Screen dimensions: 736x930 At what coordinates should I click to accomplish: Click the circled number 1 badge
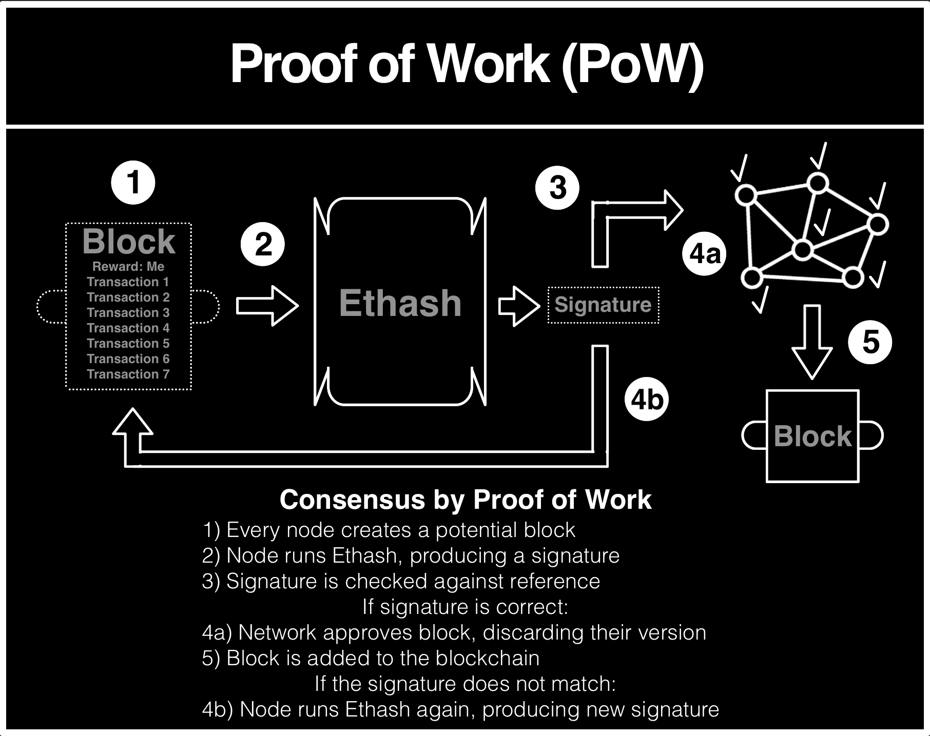133,183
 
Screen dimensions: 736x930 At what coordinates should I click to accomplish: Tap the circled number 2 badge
263,244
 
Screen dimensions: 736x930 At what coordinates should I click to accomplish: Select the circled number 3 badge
557,188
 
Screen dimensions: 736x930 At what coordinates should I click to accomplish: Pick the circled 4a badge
705,253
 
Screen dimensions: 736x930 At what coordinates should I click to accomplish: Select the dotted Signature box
603,305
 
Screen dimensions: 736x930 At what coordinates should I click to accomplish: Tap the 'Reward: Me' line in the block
128,267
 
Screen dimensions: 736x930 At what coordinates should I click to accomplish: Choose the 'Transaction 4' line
128,328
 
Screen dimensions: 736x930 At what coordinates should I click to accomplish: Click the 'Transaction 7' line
128,374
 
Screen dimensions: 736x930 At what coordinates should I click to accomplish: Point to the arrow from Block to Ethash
267,306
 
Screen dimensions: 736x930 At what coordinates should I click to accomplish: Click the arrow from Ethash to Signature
518,306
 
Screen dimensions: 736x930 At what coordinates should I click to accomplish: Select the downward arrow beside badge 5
811,341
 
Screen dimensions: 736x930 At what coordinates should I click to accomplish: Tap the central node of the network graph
802,250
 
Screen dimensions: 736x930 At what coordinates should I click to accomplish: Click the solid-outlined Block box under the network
812,436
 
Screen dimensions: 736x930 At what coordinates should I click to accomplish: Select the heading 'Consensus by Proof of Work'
466,500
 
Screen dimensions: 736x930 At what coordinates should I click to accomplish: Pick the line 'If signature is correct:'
465,607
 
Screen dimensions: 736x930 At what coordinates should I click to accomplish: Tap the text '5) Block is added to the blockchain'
371,658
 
